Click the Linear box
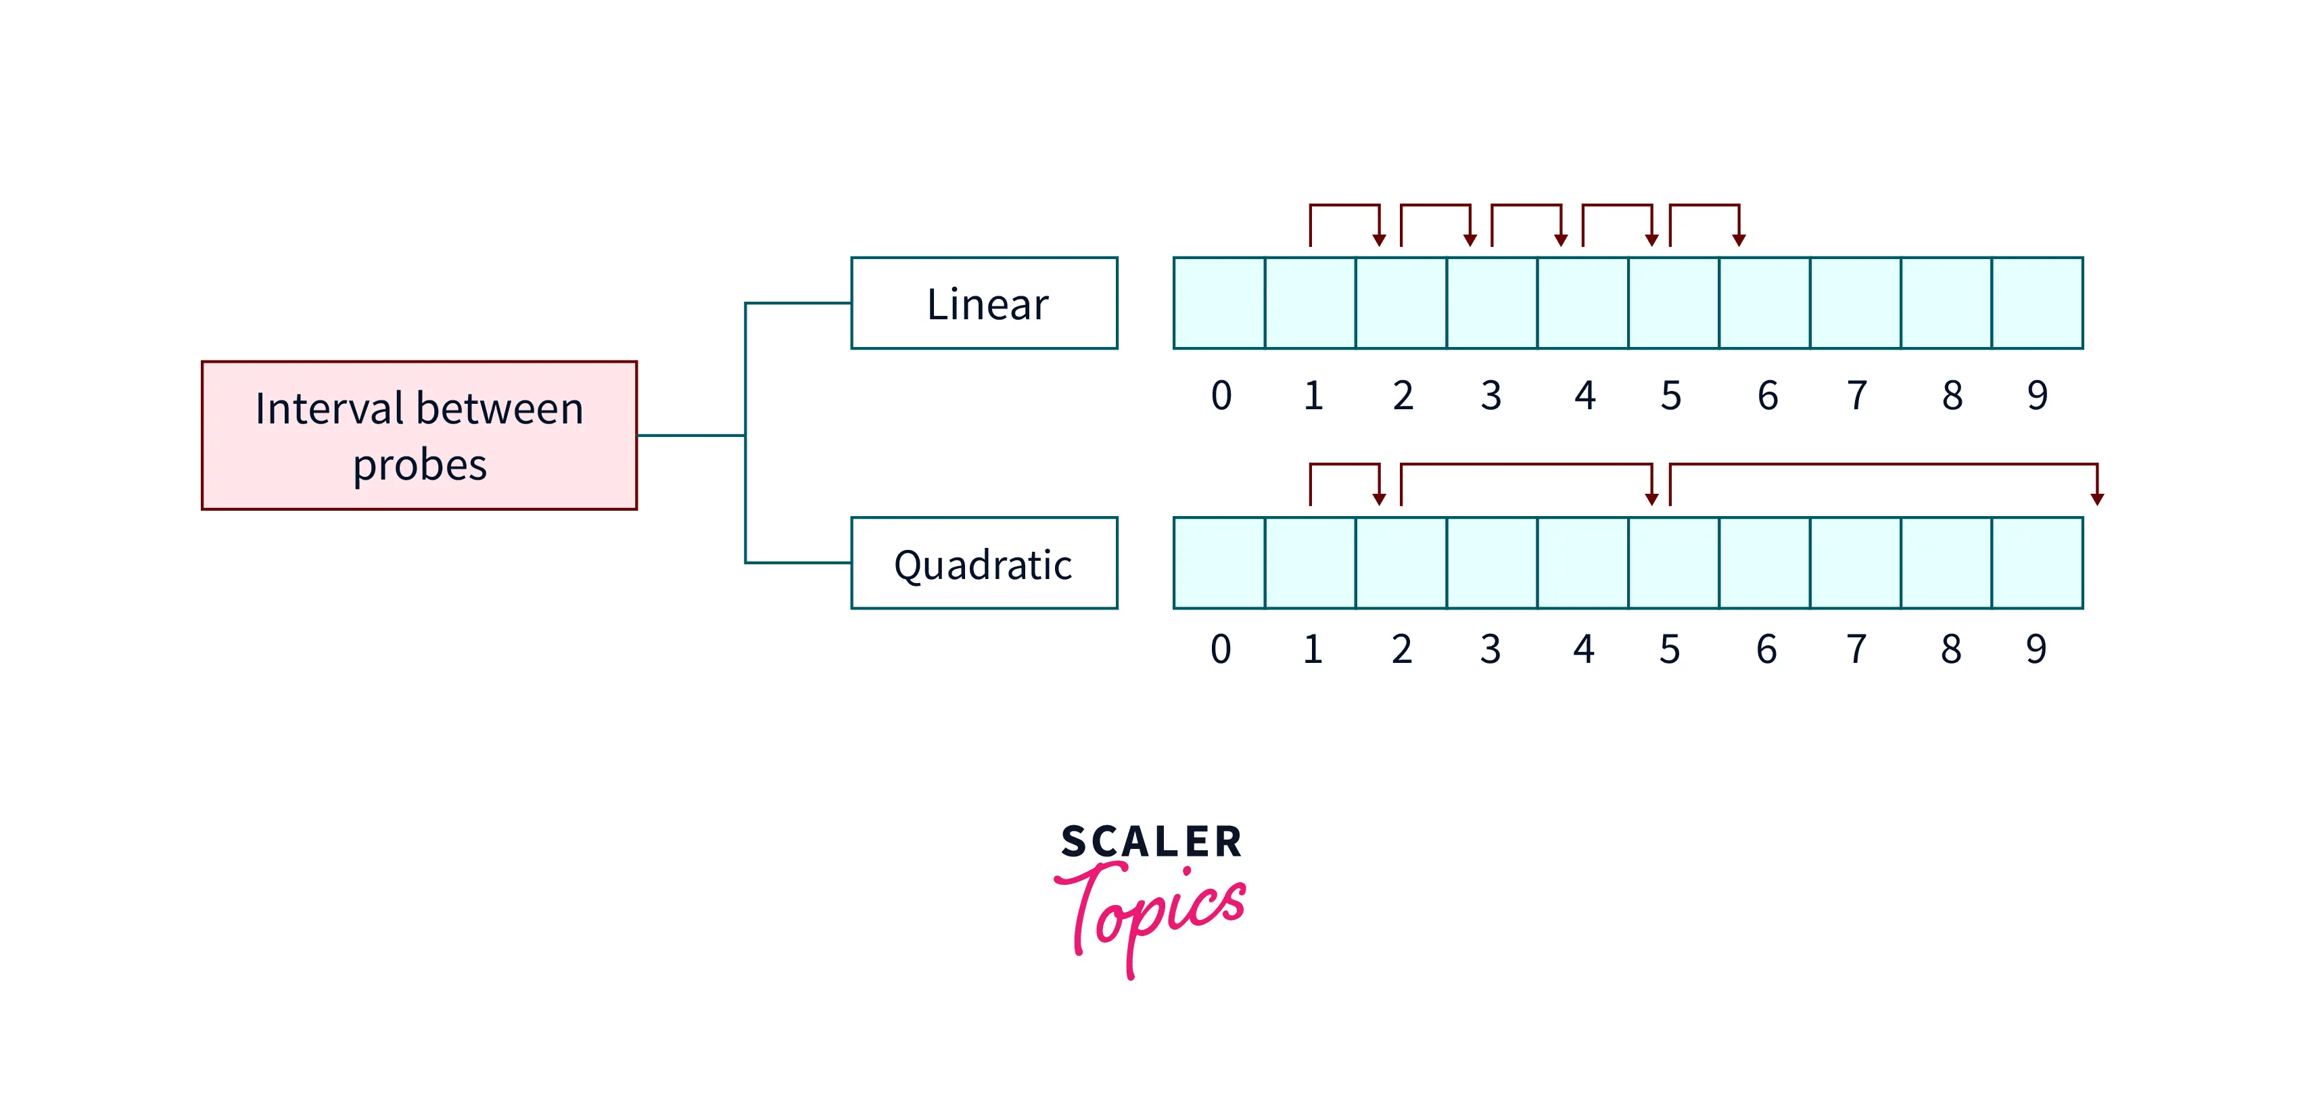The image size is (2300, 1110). click(984, 303)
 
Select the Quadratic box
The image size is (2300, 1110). click(984, 563)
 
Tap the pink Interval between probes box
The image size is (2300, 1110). click(419, 435)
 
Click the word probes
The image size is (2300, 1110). click(420, 465)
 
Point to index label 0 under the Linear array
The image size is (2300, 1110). click(1221, 395)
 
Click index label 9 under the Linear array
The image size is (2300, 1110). click(2037, 395)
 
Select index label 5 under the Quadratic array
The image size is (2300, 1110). click(1670, 649)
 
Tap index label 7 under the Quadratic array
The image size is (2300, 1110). click(1856, 649)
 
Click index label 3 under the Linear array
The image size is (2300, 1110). click(1491, 395)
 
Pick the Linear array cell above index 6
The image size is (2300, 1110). click(1764, 303)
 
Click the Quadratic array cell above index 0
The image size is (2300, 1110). click(1219, 563)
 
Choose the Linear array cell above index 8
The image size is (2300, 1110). click(1946, 303)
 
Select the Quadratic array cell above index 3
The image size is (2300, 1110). click(1492, 563)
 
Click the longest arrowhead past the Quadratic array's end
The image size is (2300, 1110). click(2097, 499)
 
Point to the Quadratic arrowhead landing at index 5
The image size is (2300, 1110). click(1651, 499)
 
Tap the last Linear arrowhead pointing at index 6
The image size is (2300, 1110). click(1739, 239)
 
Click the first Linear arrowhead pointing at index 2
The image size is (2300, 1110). click(1380, 239)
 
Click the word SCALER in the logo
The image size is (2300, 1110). click(1151, 842)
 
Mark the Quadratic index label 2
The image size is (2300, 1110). click(1402, 649)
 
